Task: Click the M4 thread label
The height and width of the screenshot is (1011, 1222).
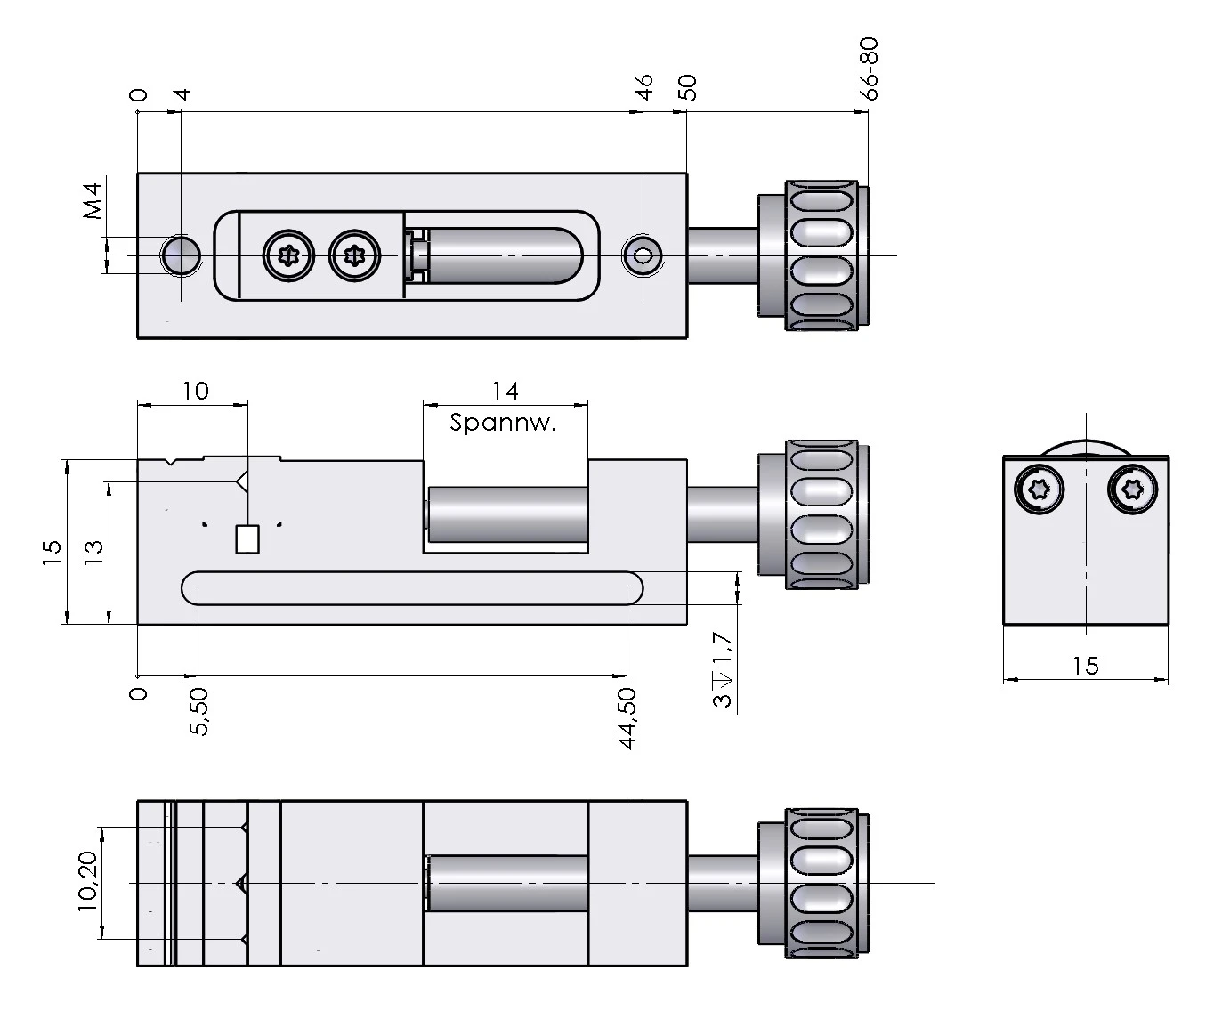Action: [x=93, y=201]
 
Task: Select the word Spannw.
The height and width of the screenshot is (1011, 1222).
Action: [x=503, y=422]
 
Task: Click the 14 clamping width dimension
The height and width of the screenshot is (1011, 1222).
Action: [x=505, y=391]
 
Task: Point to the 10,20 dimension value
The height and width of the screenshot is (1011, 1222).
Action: [x=88, y=881]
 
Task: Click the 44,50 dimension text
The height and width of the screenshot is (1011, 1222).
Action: [x=627, y=718]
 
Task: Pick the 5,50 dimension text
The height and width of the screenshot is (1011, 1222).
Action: [x=198, y=711]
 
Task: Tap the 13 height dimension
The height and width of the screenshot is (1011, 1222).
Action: [x=93, y=553]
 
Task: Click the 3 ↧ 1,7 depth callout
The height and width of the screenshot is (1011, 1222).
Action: [x=723, y=669]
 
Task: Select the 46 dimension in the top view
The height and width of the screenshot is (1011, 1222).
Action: [x=643, y=87]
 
